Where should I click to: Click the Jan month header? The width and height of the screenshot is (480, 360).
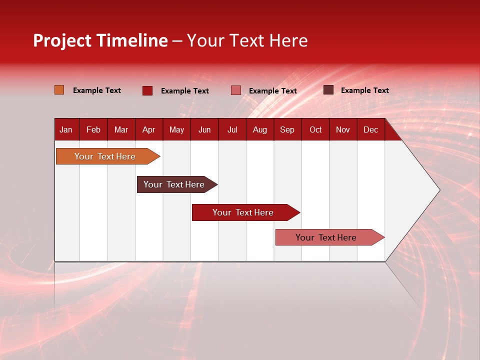coord(66,129)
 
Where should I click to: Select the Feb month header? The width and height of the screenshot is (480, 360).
coord(93,129)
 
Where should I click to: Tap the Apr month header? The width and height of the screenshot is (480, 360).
coord(148,129)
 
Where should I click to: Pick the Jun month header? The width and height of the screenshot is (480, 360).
coord(204,129)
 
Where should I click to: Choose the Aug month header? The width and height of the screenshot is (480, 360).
coord(259,129)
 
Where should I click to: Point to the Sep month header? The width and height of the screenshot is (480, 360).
coord(287,129)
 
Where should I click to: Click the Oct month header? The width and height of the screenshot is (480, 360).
coord(315,129)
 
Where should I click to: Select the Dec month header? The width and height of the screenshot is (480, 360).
coord(370,129)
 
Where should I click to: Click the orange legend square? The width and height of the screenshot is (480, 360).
coord(59,90)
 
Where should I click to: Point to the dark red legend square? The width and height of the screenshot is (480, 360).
coord(147,90)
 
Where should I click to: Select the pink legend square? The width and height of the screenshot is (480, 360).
coord(236,90)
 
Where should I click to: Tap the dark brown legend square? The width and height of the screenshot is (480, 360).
coord(328,90)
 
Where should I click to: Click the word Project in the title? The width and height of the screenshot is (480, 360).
coord(62,40)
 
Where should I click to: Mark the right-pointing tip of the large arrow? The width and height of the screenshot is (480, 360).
coord(438,190)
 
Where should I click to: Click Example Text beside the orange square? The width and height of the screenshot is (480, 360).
coord(97,90)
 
